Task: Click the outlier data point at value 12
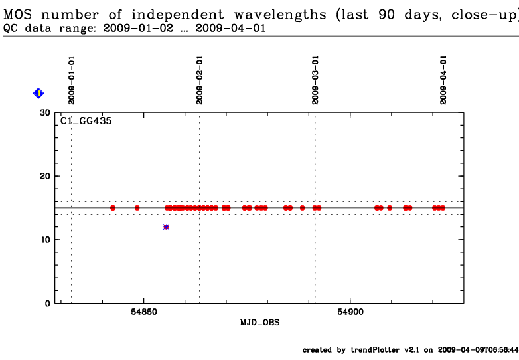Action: coord(166,227)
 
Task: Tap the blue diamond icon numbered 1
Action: coord(38,94)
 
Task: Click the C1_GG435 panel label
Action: coord(86,121)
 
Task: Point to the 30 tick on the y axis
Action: coord(46,112)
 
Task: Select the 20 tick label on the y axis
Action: coord(46,176)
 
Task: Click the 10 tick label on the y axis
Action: coord(46,240)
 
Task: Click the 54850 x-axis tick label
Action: coord(144,312)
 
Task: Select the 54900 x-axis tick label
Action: coord(350,312)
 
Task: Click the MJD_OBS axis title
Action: coord(259,323)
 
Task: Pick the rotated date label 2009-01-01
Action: coord(72,80)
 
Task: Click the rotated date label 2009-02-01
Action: coord(199,80)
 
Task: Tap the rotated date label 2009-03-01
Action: coord(315,80)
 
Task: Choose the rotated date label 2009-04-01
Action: coord(443,80)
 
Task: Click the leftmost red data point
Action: coord(113,208)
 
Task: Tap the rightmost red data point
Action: coord(443,208)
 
